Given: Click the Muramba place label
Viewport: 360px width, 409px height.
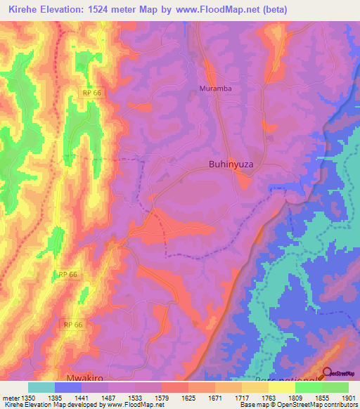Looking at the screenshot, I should tap(215, 89).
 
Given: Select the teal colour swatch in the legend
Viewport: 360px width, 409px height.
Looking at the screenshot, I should tap(41, 387).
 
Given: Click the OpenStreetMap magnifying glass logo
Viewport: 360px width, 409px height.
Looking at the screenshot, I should tap(327, 375).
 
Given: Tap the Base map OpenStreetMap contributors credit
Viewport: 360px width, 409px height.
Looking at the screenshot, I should tap(299, 405).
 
